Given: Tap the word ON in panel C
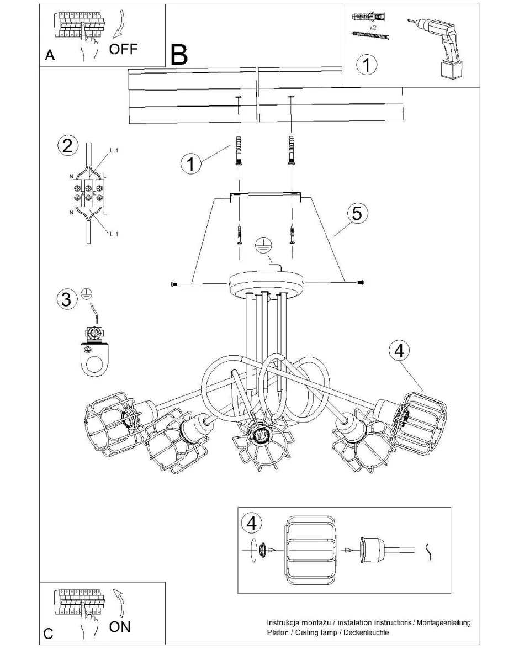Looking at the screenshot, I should tap(120, 626).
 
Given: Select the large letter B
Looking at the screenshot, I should tap(179, 55).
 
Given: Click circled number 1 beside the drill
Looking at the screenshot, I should tap(366, 65).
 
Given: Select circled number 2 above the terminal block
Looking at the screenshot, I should tap(67, 146).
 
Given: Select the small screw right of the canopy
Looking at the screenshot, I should tap(361, 282).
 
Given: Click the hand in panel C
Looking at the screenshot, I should tap(88, 624).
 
